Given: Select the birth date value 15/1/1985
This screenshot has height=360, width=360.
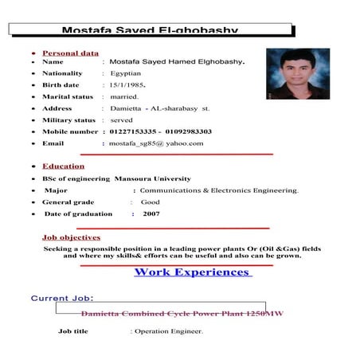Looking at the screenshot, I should (x=128, y=84).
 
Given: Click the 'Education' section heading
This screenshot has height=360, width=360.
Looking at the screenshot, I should (x=64, y=166).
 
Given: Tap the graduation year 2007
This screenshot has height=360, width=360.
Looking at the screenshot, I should (x=151, y=213).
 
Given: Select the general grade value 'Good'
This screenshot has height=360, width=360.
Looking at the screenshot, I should (x=150, y=202).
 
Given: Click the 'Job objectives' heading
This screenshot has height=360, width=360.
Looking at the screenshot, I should (x=71, y=237).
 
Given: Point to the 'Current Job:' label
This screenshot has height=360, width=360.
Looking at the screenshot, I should (x=62, y=299).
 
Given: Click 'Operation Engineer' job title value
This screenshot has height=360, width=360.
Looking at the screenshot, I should (x=168, y=331).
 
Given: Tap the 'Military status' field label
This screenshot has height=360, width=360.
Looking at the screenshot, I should (x=70, y=119).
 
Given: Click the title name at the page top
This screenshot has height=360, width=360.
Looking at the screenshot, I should (x=150, y=30).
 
